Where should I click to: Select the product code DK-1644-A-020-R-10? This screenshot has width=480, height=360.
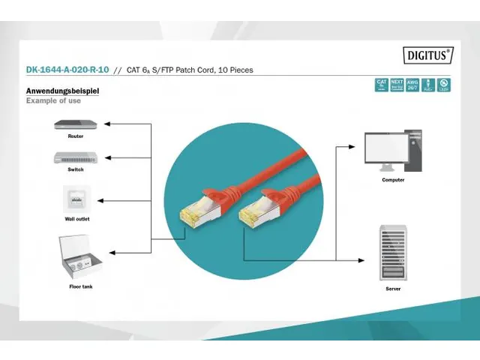pyautogui.click(x=66, y=70)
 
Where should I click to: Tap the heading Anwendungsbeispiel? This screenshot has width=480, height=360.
pyautogui.click(x=62, y=91)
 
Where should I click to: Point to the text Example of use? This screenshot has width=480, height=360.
pyautogui.click(x=53, y=100)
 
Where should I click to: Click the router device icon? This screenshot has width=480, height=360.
pyautogui.click(x=75, y=124)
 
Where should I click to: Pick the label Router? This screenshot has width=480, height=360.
pyautogui.click(x=75, y=136)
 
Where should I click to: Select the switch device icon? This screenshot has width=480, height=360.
pyautogui.click(x=75, y=157)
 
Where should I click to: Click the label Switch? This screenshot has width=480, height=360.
pyautogui.click(x=75, y=169)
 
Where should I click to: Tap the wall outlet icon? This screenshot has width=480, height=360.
pyautogui.click(x=75, y=199)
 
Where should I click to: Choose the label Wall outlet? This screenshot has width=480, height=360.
pyautogui.click(x=76, y=218)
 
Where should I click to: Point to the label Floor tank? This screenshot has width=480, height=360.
pyautogui.click(x=80, y=286)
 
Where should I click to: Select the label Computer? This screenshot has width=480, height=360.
pyautogui.click(x=393, y=180)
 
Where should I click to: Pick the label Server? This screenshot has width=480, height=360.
pyautogui.click(x=393, y=288)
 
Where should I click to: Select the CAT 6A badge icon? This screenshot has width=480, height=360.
pyautogui.click(x=381, y=85)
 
